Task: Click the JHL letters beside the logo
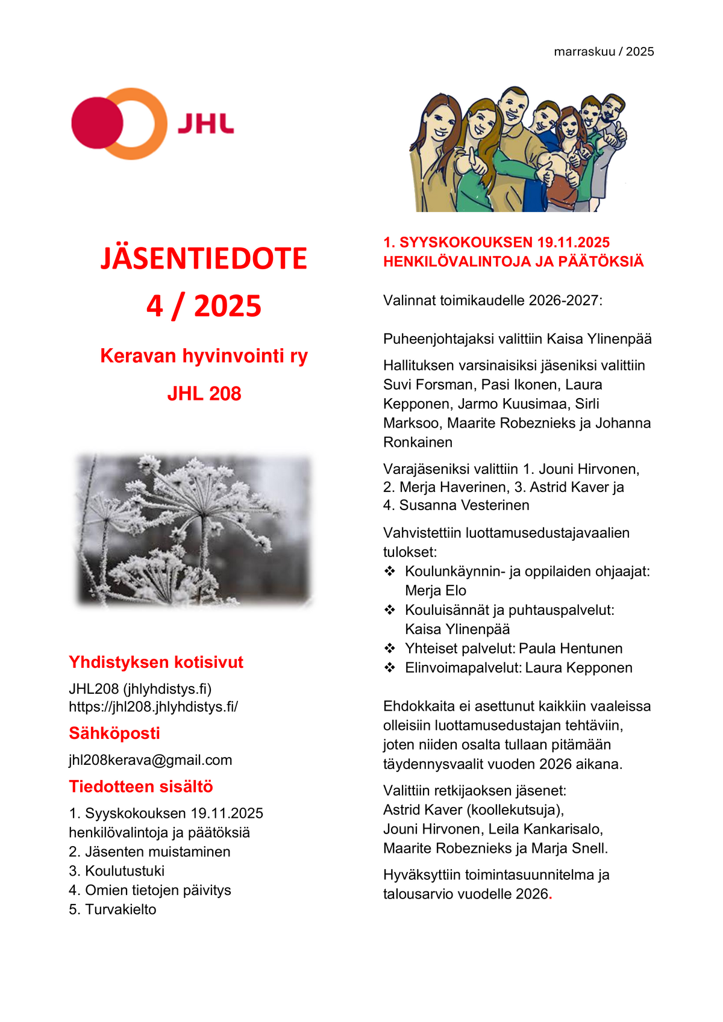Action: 205,124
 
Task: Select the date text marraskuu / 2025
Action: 604,52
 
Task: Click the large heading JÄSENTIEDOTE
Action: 204,258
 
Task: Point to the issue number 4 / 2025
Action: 204,306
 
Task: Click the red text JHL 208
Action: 204,393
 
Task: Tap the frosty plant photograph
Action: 193,529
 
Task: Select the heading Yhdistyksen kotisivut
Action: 155,662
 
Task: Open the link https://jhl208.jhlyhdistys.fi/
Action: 153,706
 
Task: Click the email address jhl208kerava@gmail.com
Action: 150,760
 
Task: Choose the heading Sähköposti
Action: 114,733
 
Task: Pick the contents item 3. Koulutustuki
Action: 116,871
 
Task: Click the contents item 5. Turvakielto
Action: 112,909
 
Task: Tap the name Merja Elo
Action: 435,590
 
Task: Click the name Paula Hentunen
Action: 570,649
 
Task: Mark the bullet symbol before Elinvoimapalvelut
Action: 390,667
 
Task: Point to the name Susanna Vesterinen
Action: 464,505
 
